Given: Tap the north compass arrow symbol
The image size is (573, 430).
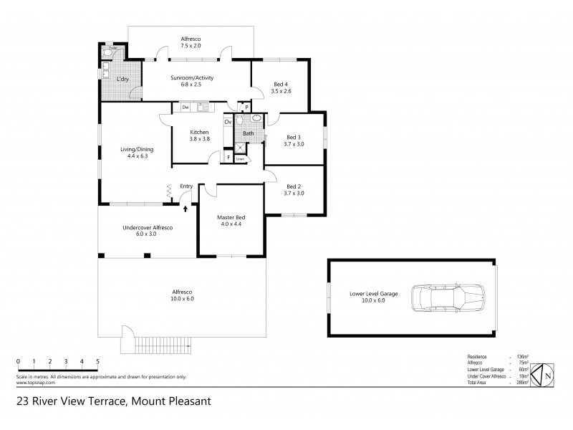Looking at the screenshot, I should (546, 374).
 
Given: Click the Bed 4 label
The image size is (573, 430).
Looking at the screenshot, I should (281, 87).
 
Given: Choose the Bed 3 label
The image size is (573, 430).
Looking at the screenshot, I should (294, 140).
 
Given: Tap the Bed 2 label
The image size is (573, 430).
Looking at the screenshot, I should (294, 190).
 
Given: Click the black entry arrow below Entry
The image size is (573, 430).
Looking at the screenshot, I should (186, 208).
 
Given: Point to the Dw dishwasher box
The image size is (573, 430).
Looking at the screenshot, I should (185, 107).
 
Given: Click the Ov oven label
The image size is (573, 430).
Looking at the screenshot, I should (228, 122).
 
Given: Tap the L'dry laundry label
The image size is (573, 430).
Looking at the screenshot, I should (122, 79).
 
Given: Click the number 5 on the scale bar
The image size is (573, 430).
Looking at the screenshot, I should (97, 361).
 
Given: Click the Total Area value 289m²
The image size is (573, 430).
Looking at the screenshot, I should (521, 383).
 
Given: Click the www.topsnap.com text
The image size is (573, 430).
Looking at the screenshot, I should (32, 383).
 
